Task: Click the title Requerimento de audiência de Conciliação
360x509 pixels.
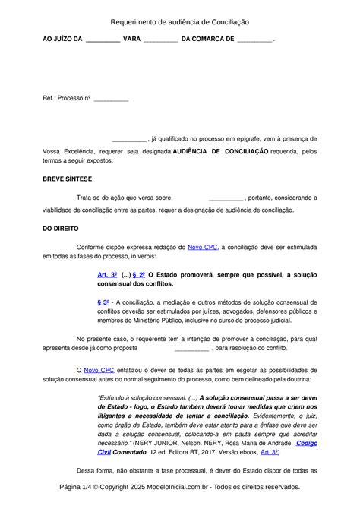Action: [x=179, y=24]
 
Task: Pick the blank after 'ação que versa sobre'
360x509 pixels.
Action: [x=226, y=198]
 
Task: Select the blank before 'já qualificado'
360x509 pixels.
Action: [x=128, y=140]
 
